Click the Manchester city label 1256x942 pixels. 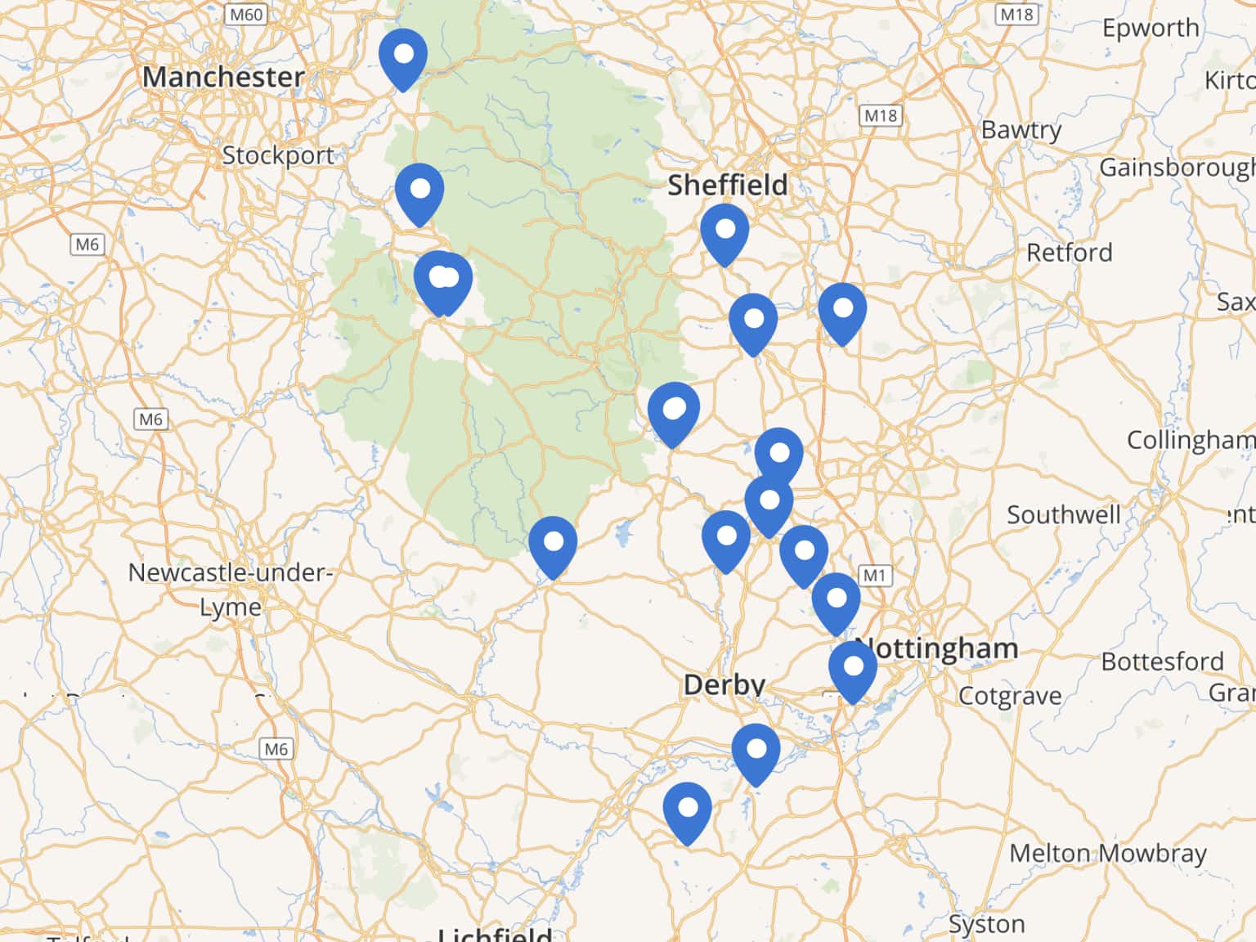[222, 78]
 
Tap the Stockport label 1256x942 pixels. [278, 155]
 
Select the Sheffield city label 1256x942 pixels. [727, 186]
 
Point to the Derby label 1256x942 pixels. [724, 684]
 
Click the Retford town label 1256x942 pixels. [1069, 253]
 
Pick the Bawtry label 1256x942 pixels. [1020, 130]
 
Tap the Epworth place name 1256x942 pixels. [1150, 29]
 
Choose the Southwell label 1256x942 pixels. [1063, 515]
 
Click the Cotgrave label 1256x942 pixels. [1009, 696]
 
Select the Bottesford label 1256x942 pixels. [1161, 661]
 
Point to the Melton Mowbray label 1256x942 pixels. [1107, 853]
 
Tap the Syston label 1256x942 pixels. [986, 924]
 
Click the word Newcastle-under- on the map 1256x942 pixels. [230, 572]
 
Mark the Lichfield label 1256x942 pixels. [495, 933]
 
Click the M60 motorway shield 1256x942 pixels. [246, 15]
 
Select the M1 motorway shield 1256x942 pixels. [874, 575]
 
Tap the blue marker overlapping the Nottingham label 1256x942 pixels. [853, 669]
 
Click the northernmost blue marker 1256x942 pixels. [403, 56]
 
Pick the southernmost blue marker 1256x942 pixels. [688, 810]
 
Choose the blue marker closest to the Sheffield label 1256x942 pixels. [724, 231]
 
